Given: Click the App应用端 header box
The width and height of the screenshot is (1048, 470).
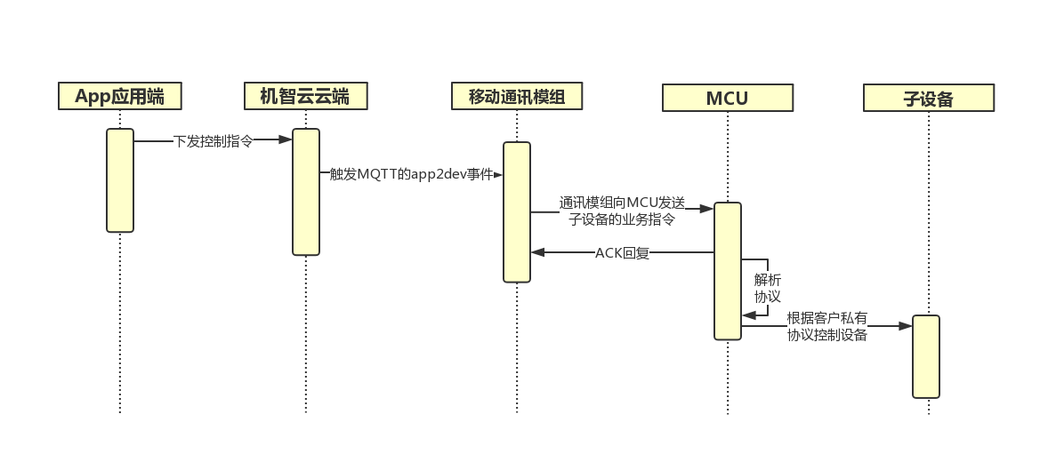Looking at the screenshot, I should coord(119,96).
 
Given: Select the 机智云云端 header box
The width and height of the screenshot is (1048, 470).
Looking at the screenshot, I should coord(304,96).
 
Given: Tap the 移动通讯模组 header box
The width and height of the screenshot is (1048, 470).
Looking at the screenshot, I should coord(516,96).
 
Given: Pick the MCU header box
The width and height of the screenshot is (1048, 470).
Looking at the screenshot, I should coord(727,98).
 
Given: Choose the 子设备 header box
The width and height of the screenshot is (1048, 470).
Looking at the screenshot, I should coord(928,98).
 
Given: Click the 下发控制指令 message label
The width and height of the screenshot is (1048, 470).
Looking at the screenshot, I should coord(213,140).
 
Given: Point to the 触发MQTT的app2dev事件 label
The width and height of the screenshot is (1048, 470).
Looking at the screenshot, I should coord(411,174).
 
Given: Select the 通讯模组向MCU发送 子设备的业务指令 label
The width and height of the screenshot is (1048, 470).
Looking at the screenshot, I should coord(622,211).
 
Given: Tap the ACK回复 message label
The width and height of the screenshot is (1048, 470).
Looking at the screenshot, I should coord(622,253).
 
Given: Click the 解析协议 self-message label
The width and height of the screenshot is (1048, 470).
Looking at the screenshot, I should coord(767,287).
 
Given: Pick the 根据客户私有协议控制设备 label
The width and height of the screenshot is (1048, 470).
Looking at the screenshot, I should coord(826,326).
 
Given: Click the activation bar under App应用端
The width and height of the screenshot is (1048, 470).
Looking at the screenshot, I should coord(120,180).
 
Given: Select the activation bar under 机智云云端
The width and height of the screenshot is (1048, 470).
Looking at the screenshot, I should coord(305,192).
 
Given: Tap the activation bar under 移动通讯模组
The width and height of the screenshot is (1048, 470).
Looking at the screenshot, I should coord(517,212).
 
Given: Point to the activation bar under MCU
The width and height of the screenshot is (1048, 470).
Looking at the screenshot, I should coord(727,271).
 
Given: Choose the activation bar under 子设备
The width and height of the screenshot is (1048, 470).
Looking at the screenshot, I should coord(926,356).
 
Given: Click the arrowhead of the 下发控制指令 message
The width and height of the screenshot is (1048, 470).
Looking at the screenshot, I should coord(286,139).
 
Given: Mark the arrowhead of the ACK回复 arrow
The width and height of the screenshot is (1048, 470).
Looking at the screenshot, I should coord(537,253).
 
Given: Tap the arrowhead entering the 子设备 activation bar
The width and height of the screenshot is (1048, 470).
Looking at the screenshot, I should coord(906,326).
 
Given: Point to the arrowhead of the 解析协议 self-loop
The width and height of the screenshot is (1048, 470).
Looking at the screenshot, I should coord(748,315).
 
